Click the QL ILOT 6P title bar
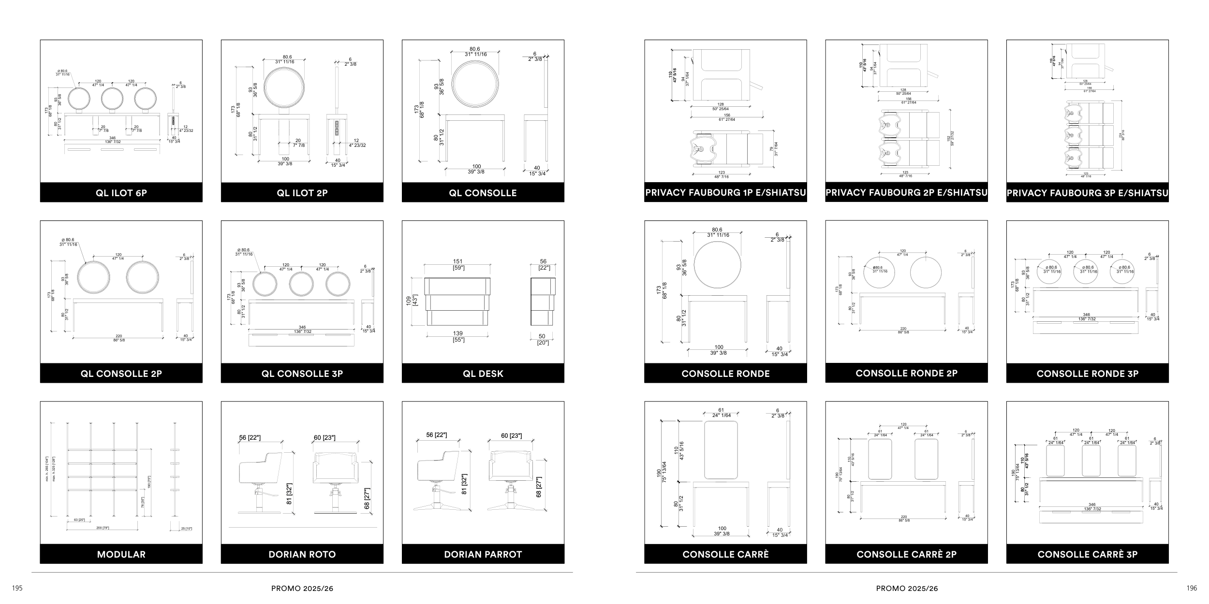[121, 193]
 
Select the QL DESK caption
[483, 374]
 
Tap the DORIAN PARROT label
[483, 554]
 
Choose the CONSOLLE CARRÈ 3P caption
[1087, 554]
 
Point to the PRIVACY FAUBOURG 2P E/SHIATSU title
[906, 192]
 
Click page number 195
[17, 588]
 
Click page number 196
[1192, 588]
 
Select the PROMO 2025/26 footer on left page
[302, 589]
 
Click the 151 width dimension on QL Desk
[457, 261]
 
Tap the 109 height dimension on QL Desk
[409, 301]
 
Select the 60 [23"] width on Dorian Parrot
[511, 435]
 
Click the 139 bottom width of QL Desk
[457, 333]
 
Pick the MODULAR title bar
[121, 554]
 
